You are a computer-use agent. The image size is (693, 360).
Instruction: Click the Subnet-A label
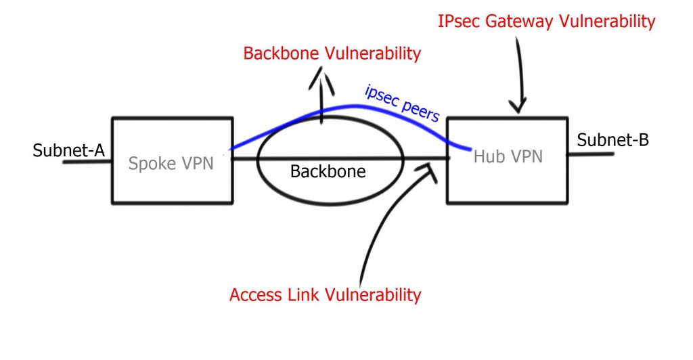tap(68, 150)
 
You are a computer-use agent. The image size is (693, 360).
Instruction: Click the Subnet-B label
tap(612, 140)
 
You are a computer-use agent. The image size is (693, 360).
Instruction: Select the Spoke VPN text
tap(171, 162)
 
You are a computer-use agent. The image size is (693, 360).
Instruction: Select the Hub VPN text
tap(508, 157)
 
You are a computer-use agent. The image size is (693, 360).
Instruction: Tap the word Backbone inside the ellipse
tap(328, 171)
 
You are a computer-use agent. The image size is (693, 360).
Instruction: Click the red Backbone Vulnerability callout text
tap(332, 53)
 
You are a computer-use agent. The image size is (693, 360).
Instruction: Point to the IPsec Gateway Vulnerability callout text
tap(547, 22)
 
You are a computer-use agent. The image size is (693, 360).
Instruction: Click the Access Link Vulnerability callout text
tap(325, 295)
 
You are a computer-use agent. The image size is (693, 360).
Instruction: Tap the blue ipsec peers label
tap(402, 103)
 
